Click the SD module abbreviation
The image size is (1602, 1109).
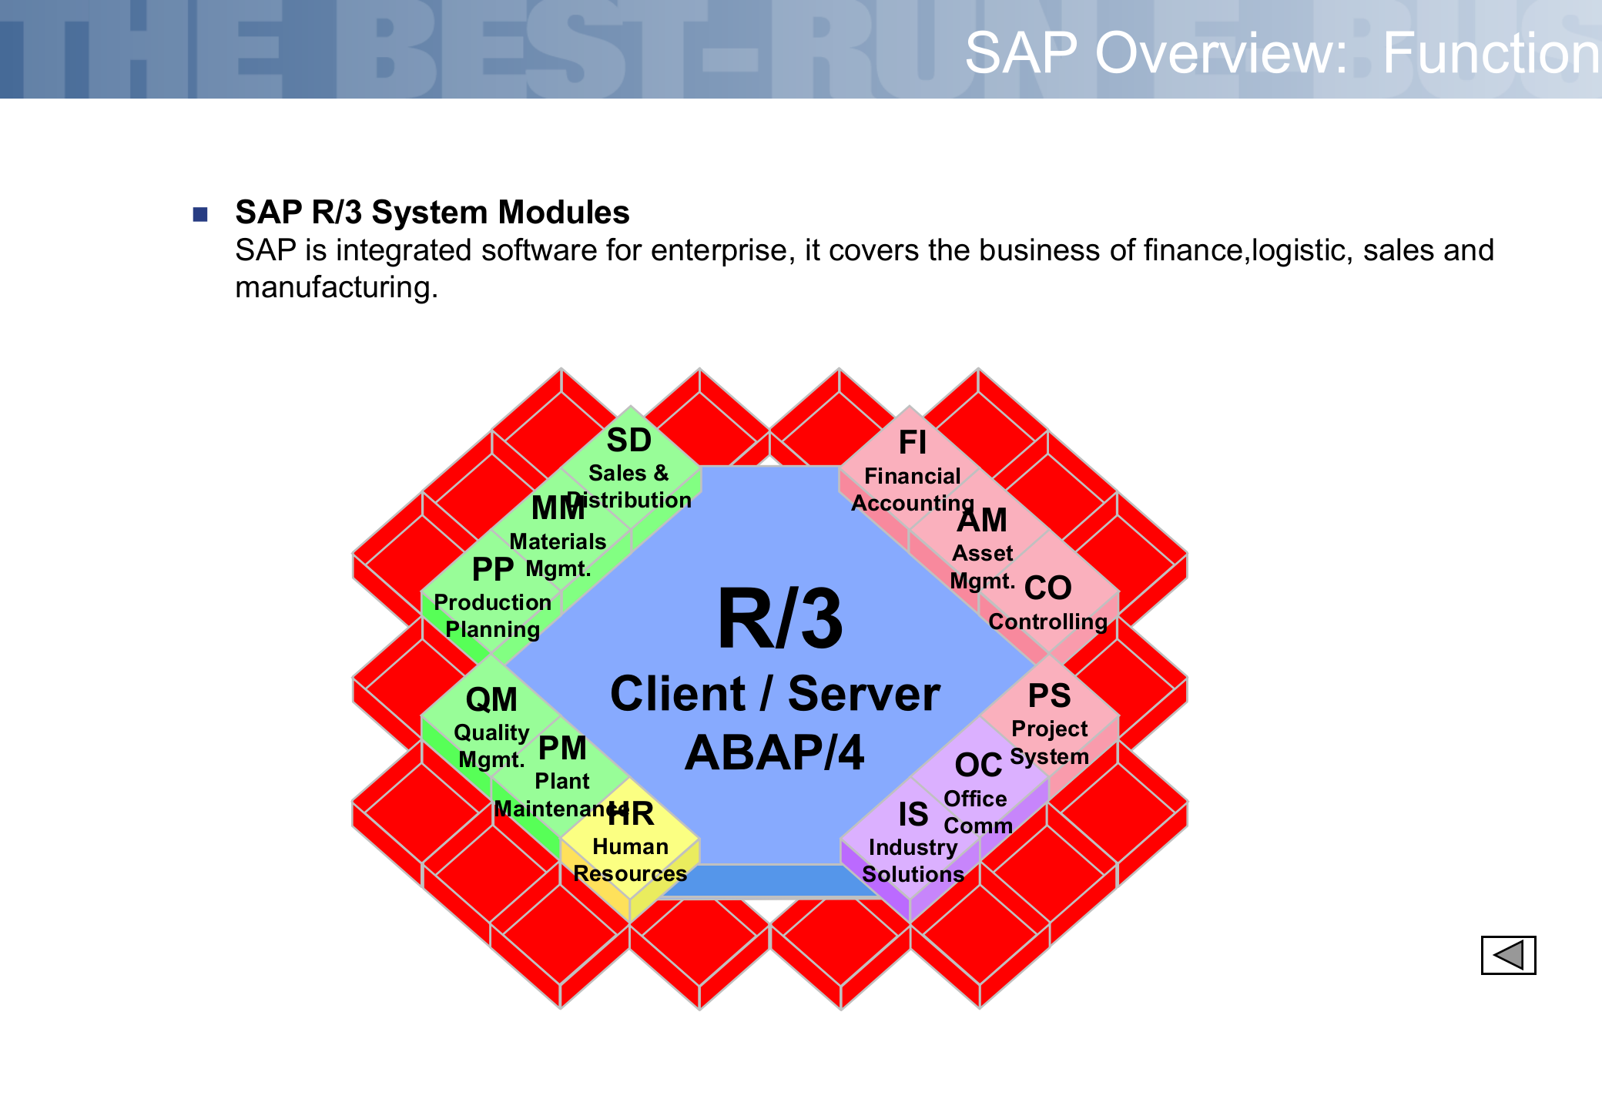pyautogui.click(x=628, y=441)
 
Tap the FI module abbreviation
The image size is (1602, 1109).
pyautogui.click(x=913, y=443)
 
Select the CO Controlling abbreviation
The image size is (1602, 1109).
pyautogui.click(x=1047, y=588)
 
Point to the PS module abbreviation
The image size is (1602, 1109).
pyautogui.click(x=1049, y=696)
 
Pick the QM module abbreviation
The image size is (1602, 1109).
pyautogui.click(x=491, y=700)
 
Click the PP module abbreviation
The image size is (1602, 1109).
pyautogui.click(x=493, y=570)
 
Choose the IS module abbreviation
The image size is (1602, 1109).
pyautogui.click(x=913, y=815)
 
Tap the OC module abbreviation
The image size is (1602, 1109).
pyautogui.click(x=978, y=766)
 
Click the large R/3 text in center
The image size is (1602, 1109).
pyautogui.click(x=779, y=619)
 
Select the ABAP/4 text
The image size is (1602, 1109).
pyautogui.click(x=775, y=753)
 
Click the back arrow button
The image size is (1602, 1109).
pyautogui.click(x=1508, y=955)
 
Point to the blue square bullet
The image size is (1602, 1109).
pyautogui.click(x=200, y=214)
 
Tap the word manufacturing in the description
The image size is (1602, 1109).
pyautogui.click(x=336, y=287)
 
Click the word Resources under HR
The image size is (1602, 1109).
pyautogui.click(x=630, y=873)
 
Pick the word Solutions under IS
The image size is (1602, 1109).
pyautogui.click(x=913, y=874)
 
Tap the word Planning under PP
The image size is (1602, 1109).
pyautogui.click(x=493, y=629)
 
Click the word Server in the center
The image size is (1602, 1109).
pyautogui.click(x=864, y=694)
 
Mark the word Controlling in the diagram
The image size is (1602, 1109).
pyautogui.click(x=1047, y=622)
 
